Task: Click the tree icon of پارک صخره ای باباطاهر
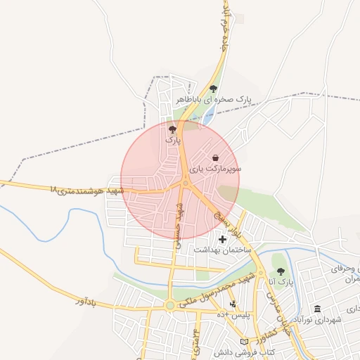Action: [213, 89]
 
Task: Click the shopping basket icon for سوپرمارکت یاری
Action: [214, 157]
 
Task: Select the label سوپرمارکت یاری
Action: [218, 169]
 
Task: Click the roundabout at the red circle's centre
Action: [186, 184]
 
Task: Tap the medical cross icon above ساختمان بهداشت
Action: [222, 240]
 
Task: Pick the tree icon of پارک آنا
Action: [281, 271]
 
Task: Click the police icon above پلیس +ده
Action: [233, 304]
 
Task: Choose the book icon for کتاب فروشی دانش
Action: [244, 341]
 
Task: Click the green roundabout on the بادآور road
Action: [170, 305]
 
